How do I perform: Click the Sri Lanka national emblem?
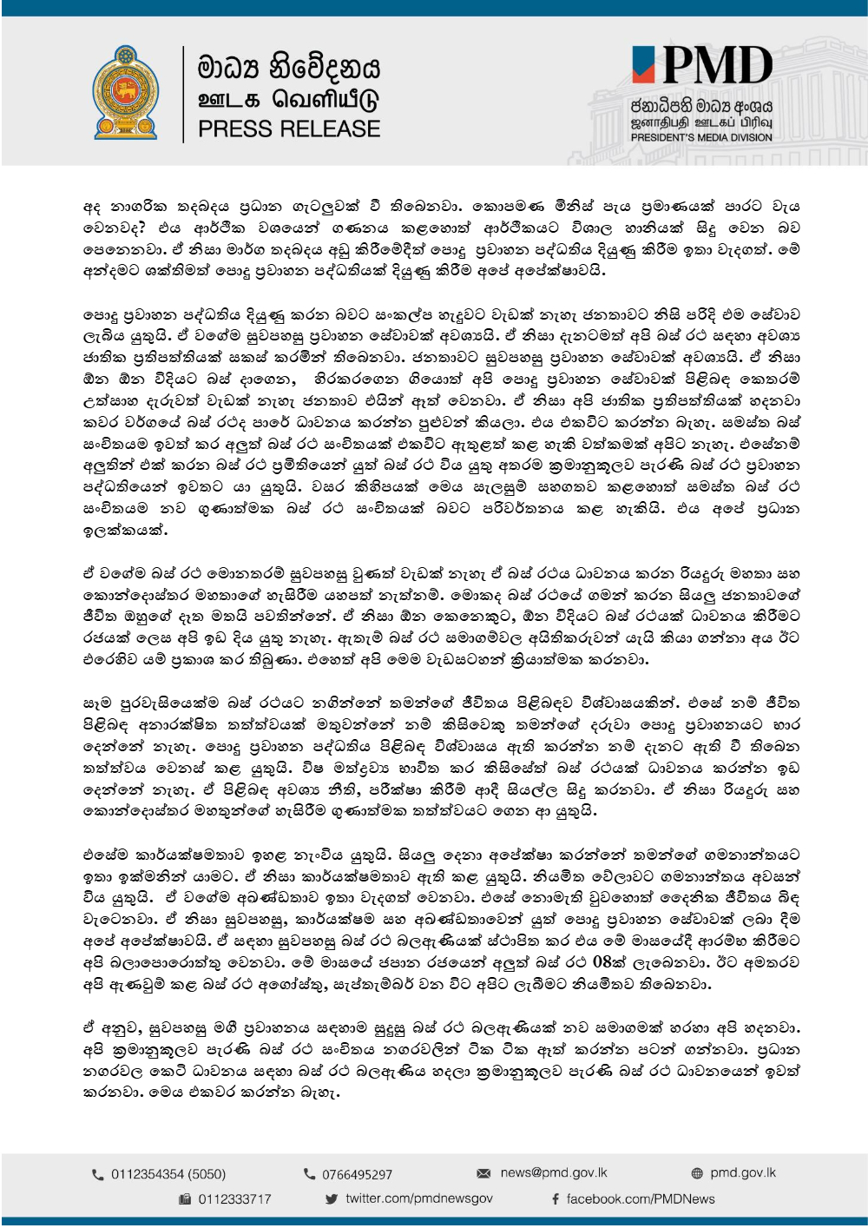pyautogui.click(x=126, y=92)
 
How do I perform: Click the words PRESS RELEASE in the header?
pyautogui.click(x=289, y=129)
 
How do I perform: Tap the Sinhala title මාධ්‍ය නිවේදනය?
pyautogui.click(x=289, y=67)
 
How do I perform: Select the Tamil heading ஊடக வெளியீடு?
pyautogui.click(x=289, y=99)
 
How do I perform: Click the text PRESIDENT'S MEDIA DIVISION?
pyautogui.click(x=700, y=137)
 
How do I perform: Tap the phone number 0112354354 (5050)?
pyautogui.click(x=168, y=1174)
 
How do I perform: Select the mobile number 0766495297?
pyautogui.click(x=357, y=1174)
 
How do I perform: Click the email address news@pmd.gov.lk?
pyautogui.click(x=554, y=1172)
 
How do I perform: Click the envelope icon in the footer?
pyautogui.click(x=483, y=1173)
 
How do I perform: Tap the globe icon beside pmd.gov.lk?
pyautogui.click(x=697, y=1173)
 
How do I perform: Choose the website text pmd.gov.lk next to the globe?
pyautogui.click(x=743, y=1172)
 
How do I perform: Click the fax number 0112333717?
pyautogui.click(x=234, y=1199)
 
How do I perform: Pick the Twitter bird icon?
pyautogui.click(x=332, y=1199)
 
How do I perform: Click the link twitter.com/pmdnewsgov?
pyautogui.click(x=418, y=1198)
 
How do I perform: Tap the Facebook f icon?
pyautogui.click(x=556, y=1199)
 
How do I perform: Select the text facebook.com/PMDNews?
pyautogui.click(x=641, y=1199)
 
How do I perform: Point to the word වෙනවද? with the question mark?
pyautogui.click(x=114, y=228)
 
